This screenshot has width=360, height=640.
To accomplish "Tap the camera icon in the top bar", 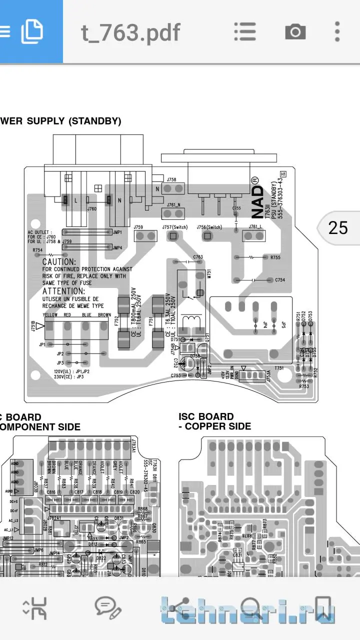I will click(x=295, y=32).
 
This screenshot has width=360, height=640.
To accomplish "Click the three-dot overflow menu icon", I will click(x=337, y=32).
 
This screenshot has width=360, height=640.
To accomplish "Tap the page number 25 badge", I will click(x=338, y=228).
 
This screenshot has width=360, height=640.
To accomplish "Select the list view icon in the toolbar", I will click(x=245, y=32).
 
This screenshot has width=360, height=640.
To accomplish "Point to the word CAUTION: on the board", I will click(x=59, y=261).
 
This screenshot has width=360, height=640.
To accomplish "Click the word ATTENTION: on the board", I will click(x=63, y=291).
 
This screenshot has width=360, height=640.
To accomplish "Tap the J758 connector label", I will click(x=171, y=179).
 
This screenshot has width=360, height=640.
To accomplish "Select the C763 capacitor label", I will click(x=198, y=257).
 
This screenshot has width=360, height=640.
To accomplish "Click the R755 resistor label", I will click(x=275, y=257).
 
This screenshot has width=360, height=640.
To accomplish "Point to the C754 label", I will click(x=280, y=280).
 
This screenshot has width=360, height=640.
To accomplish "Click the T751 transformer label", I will click(x=279, y=367).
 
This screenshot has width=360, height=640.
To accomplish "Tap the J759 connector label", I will click(x=138, y=227).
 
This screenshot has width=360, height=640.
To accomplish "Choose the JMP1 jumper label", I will click(x=117, y=232).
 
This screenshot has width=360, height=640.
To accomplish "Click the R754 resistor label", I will click(x=37, y=249).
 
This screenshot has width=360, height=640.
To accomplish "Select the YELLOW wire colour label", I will click(x=50, y=315).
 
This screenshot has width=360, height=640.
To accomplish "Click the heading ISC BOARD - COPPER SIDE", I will click(x=215, y=421).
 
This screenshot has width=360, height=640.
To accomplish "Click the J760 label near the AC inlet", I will click(x=91, y=209).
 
